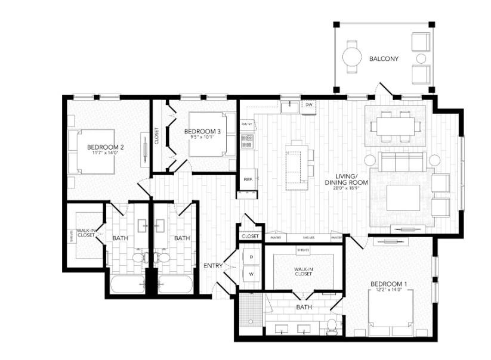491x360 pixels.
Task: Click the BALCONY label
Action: [384, 58]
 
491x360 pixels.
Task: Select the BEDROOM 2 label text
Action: [105, 147]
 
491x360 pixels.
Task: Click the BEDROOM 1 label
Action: [388, 284]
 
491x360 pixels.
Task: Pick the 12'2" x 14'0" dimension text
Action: [388, 291]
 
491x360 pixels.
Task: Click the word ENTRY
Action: [213, 266]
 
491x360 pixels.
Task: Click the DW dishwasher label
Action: [308, 105]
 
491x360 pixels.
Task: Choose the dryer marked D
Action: [251, 257]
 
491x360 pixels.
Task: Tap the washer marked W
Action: [251, 274]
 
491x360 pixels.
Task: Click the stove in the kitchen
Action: [247, 141]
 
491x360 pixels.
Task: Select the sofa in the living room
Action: [402, 162]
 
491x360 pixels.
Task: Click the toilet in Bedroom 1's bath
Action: [331, 325]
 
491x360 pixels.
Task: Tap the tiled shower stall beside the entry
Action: [247, 310]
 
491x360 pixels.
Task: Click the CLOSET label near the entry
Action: [251, 237]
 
